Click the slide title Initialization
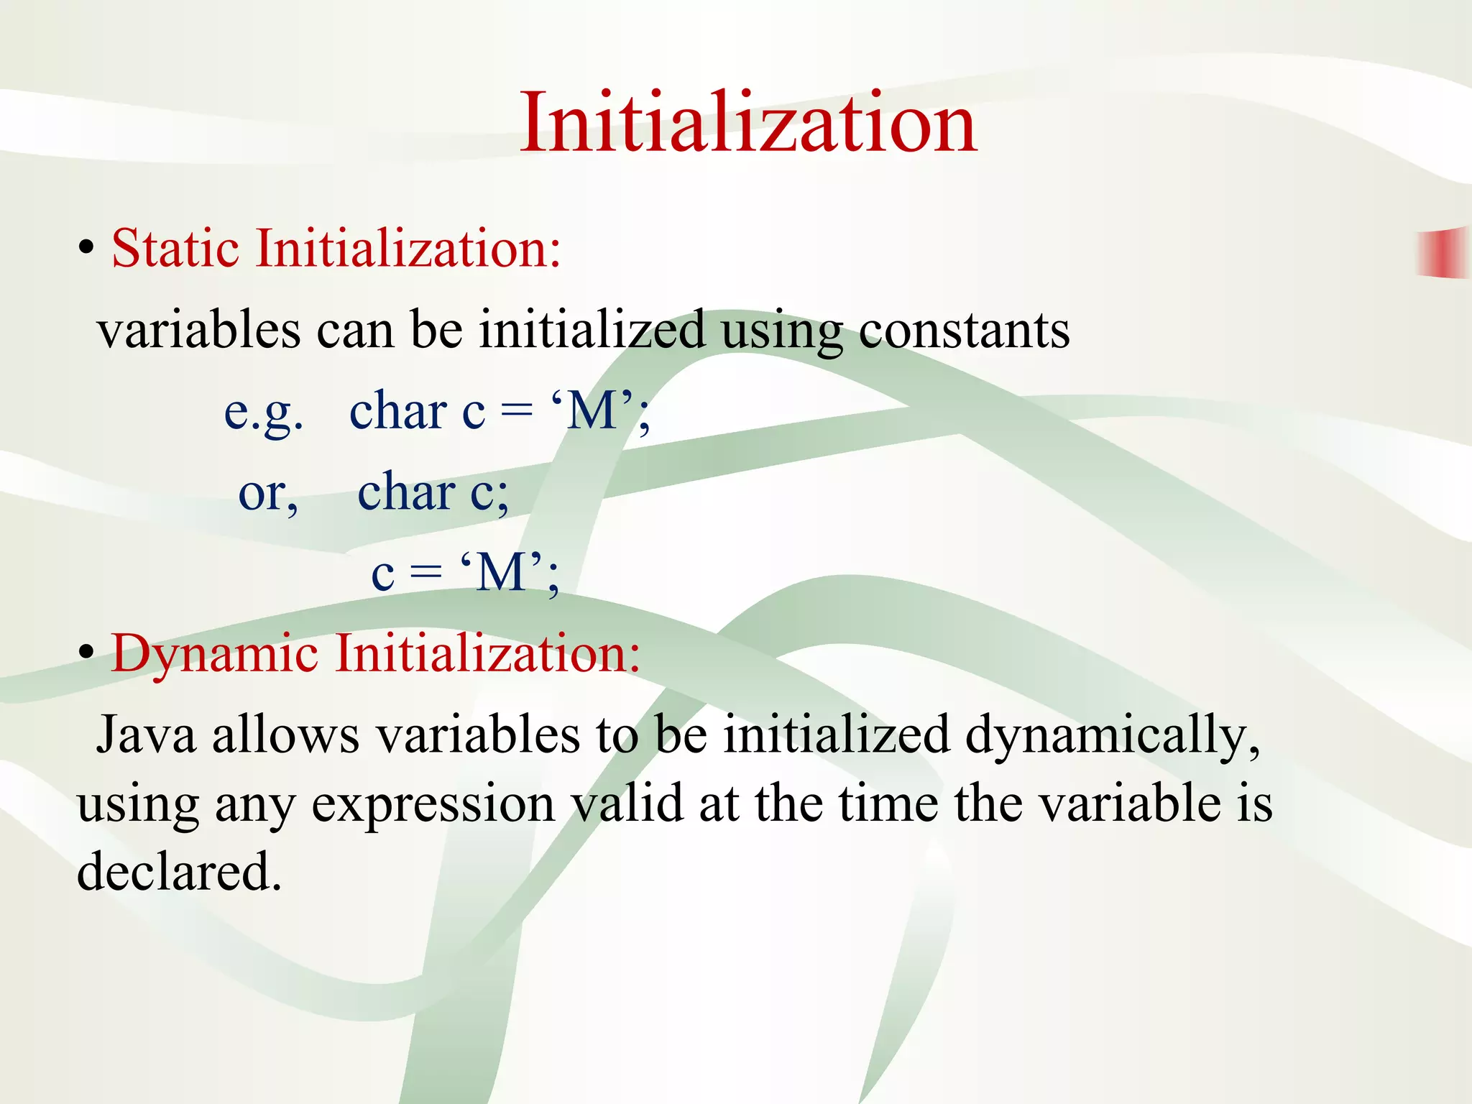pos(748,122)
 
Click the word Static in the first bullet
pos(175,249)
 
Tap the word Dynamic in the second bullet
pos(214,654)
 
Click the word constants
pos(964,331)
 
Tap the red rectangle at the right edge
pos(1443,252)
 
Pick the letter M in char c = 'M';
pos(592,412)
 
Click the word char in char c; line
pos(405,493)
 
